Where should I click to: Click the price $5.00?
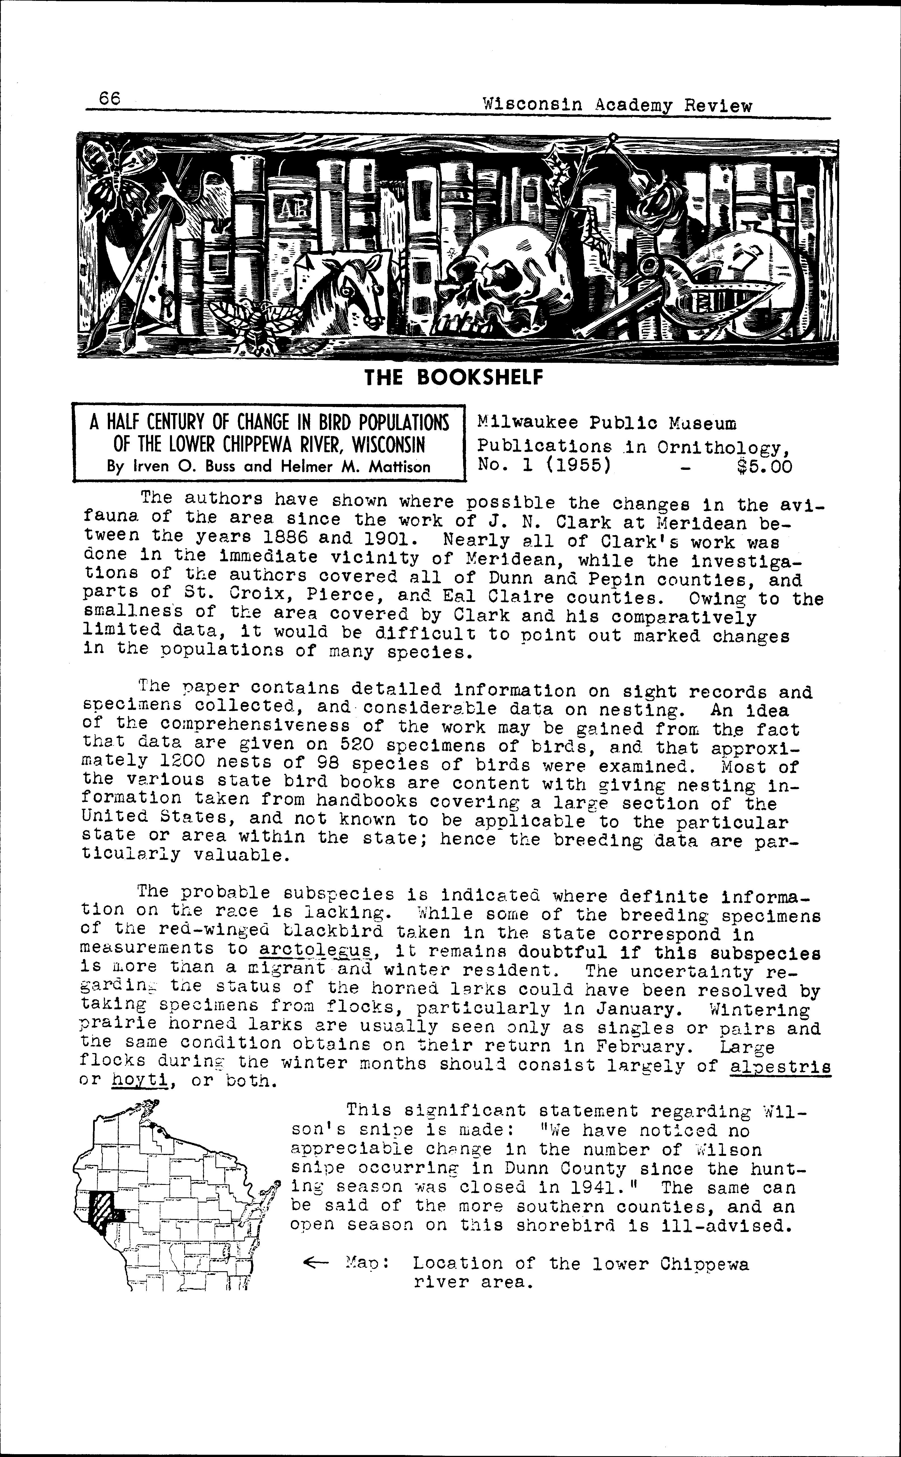(x=765, y=466)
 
